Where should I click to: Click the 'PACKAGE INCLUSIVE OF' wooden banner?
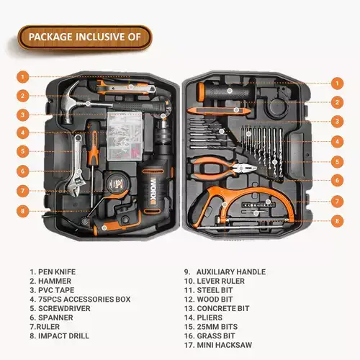85,37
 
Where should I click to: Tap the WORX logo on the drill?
153,191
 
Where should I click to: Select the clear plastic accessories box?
125,136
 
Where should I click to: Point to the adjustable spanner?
77,165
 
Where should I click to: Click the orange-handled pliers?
221,168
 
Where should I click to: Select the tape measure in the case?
117,184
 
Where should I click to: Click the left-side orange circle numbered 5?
23,151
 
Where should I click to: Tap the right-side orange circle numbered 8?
337,221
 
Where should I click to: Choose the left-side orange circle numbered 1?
23,77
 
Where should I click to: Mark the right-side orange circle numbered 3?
337,122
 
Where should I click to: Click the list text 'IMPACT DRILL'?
63,336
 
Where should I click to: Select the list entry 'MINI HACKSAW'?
225,345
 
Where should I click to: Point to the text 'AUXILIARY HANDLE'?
231,271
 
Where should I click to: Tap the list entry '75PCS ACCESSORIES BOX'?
84,300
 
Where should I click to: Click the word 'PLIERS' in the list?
210,318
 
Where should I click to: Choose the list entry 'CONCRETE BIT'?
223,308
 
